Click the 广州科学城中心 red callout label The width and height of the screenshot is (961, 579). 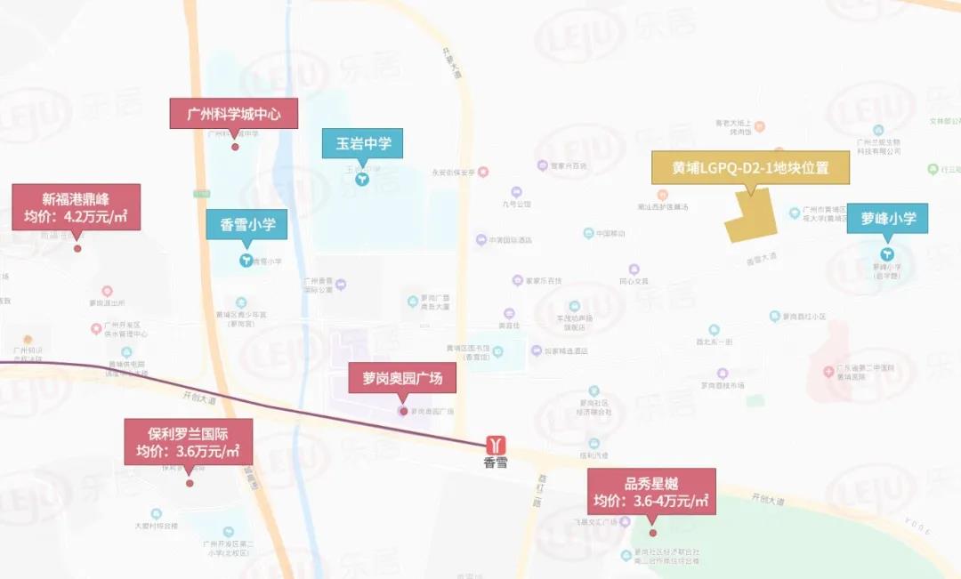pyautogui.click(x=234, y=114)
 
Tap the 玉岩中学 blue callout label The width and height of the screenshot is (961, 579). pyautogui.click(x=363, y=142)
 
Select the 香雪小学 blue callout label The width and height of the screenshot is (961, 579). pyautogui.click(x=247, y=224)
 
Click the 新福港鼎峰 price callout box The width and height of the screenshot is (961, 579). pyautogui.click(x=76, y=206)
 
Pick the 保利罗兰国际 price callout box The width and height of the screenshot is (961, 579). pyautogui.click(x=188, y=443)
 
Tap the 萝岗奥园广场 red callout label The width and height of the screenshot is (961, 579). pyautogui.click(x=402, y=381)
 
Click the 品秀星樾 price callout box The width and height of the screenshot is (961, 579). pyautogui.click(x=652, y=492)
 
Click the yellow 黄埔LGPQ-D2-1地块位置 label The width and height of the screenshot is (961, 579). pyautogui.click(x=751, y=166)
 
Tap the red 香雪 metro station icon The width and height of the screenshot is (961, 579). pyautogui.click(x=497, y=443)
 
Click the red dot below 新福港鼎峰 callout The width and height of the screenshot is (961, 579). pyautogui.click(x=77, y=248)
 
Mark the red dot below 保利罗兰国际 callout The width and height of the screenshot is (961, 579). pyautogui.click(x=190, y=483)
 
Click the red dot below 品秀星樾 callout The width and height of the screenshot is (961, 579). pyautogui.click(x=653, y=533)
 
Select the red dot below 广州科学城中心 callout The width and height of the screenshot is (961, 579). pyautogui.click(x=235, y=147)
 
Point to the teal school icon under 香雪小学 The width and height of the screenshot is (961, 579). pyautogui.click(x=245, y=261)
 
